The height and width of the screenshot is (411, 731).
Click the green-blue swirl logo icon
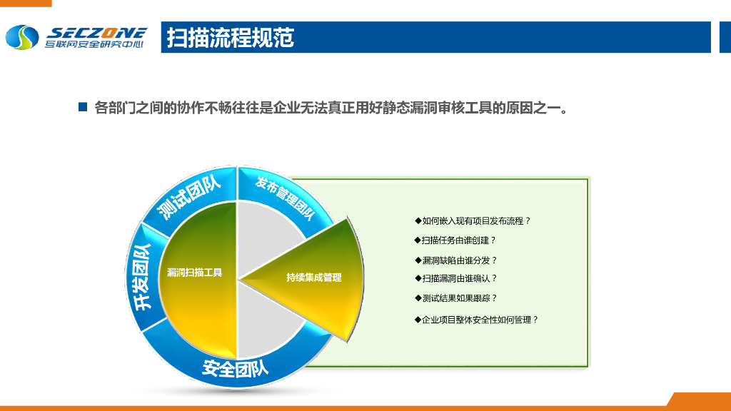point(22,38)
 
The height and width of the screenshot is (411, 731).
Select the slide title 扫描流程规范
point(230,37)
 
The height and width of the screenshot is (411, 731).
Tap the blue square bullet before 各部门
point(82,107)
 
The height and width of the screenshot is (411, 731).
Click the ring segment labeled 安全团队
point(235,368)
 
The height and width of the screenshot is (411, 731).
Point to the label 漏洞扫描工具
point(194,272)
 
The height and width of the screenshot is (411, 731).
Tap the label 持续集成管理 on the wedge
point(314,277)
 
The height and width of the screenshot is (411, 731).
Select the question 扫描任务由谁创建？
point(455,240)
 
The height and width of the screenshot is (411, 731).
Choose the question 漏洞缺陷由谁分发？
point(455,260)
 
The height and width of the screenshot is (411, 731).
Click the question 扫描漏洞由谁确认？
point(455,278)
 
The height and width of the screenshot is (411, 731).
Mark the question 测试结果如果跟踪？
point(455,298)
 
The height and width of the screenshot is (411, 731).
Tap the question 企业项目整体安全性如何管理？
point(476,320)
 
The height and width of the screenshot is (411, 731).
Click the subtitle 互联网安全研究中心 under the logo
point(94,45)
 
